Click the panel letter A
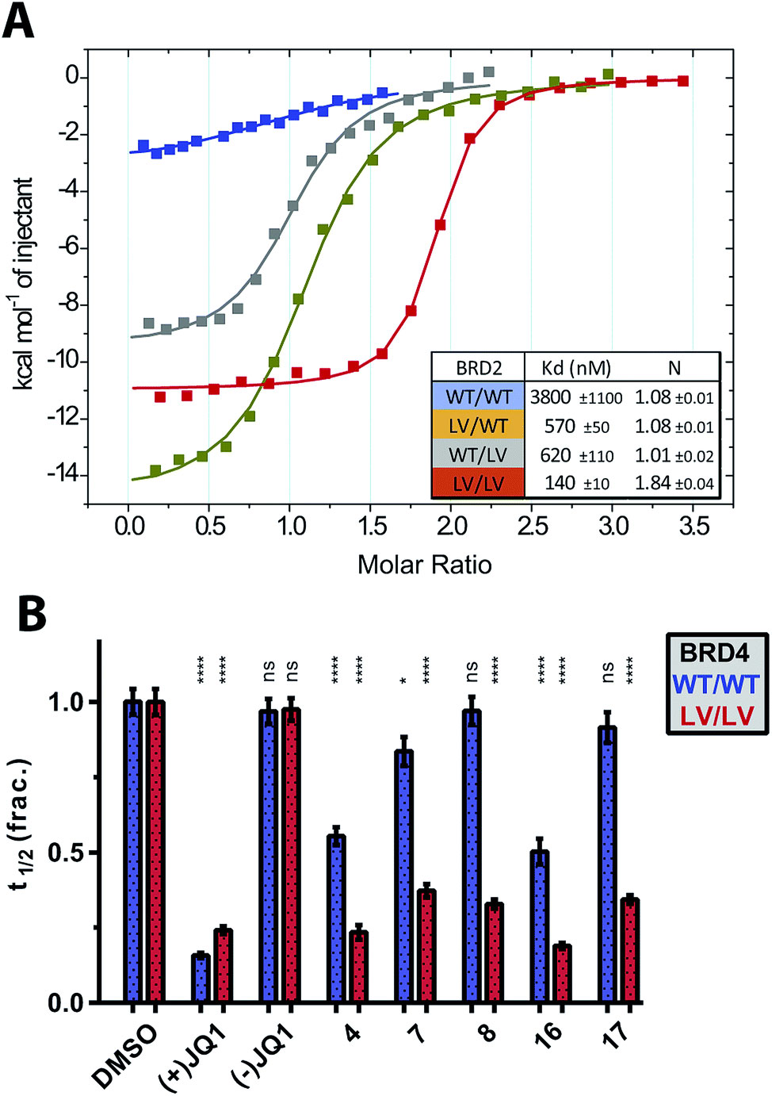click(18, 21)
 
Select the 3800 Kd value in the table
click(550, 397)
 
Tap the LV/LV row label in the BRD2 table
click(478, 484)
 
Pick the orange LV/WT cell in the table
click(478, 426)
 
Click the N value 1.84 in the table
click(652, 483)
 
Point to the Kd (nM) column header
click(576, 368)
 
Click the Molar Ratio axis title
click(424, 565)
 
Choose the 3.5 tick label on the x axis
click(694, 526)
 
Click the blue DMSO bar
click(132, 852)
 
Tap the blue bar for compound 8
click(472, 856)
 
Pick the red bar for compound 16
click(562, 974)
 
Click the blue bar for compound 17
click(607, 864)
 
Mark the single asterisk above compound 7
click(403, 680)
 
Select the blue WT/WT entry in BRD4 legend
click(717, 684)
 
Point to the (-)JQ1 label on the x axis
click(263, 1055)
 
